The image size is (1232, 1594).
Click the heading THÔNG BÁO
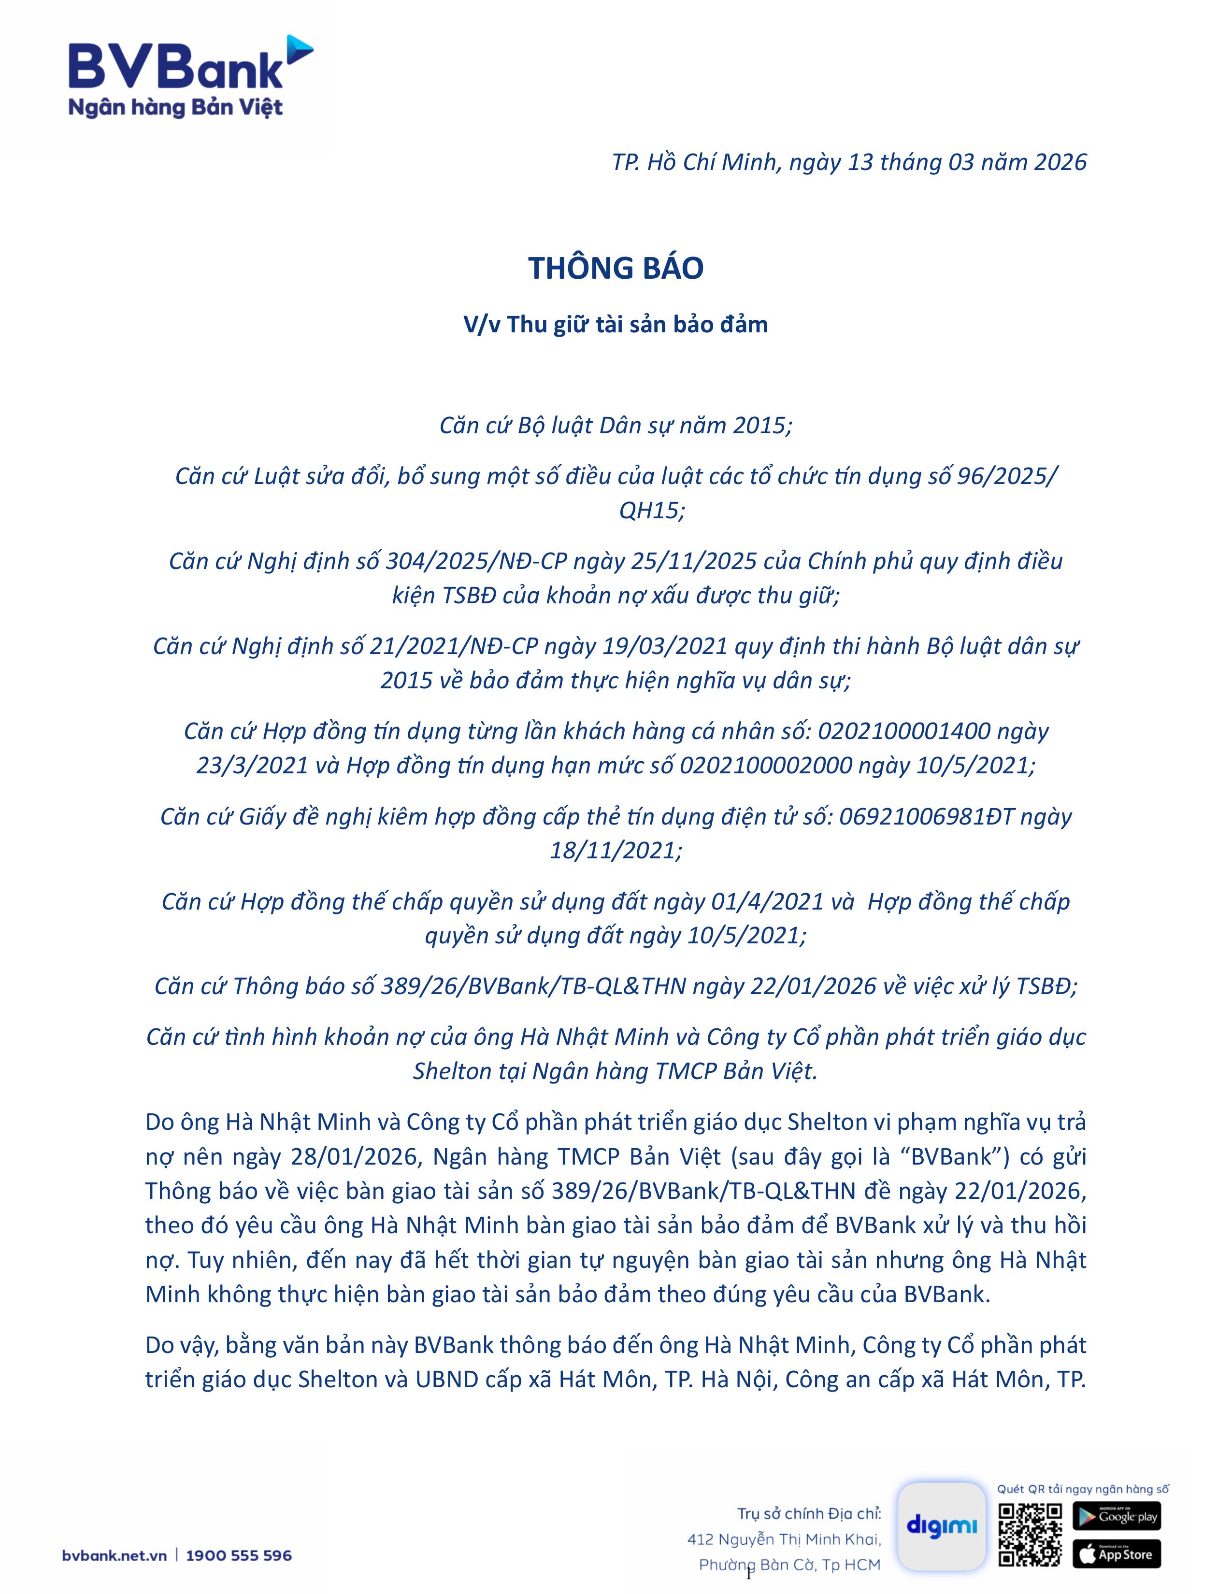click(615, 268)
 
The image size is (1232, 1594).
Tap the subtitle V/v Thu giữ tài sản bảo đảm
click(615, 324)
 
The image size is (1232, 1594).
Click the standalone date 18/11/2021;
click(615, 850)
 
